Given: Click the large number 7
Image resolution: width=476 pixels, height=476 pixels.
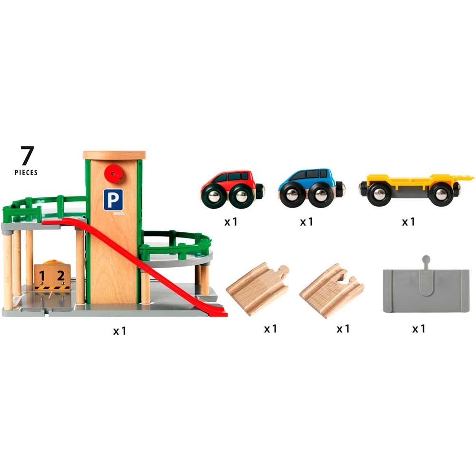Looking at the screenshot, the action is tap(27, 156).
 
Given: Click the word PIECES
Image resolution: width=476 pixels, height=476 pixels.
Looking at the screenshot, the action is tap(26, 172).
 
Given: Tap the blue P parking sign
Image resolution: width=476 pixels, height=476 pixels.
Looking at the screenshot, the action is tap(113, 199).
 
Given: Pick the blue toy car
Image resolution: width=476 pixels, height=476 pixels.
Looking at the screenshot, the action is tap(311, 188).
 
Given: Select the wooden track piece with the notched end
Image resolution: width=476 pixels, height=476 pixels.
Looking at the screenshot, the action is tap(331, 291).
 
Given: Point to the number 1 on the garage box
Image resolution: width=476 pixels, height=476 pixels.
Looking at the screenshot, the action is tap(42, 276).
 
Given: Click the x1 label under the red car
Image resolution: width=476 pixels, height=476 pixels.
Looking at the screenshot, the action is tap(231, 222).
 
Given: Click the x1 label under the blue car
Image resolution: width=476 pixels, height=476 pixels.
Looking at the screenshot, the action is tap(306, 222).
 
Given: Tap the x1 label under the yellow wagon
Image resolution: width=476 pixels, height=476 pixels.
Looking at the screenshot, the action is tap(408, 222).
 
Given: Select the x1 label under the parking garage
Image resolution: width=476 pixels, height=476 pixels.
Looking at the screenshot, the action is tap(119, 331).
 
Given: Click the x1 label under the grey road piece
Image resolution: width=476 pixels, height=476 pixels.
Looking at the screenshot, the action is tap(418, 328).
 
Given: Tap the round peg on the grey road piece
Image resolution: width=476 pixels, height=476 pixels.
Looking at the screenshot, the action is tap(426, 259).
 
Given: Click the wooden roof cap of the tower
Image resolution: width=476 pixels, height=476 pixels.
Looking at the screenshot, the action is tap(114, 155).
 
